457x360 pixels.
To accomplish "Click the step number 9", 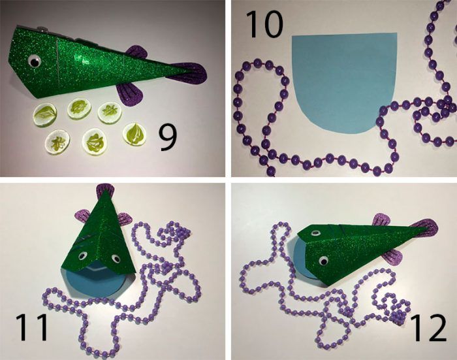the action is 168,137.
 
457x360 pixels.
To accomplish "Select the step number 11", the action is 31,327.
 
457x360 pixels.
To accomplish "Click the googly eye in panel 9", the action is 35,61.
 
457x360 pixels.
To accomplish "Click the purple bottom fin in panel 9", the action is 131,95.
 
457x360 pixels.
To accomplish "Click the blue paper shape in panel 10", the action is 345,82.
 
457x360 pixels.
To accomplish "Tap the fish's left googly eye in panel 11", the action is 82,256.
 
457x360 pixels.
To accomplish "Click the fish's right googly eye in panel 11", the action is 116,258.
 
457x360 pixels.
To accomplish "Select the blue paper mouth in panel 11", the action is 96,280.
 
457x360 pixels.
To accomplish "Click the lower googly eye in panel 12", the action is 323,261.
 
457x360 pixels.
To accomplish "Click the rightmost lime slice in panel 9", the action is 134,134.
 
